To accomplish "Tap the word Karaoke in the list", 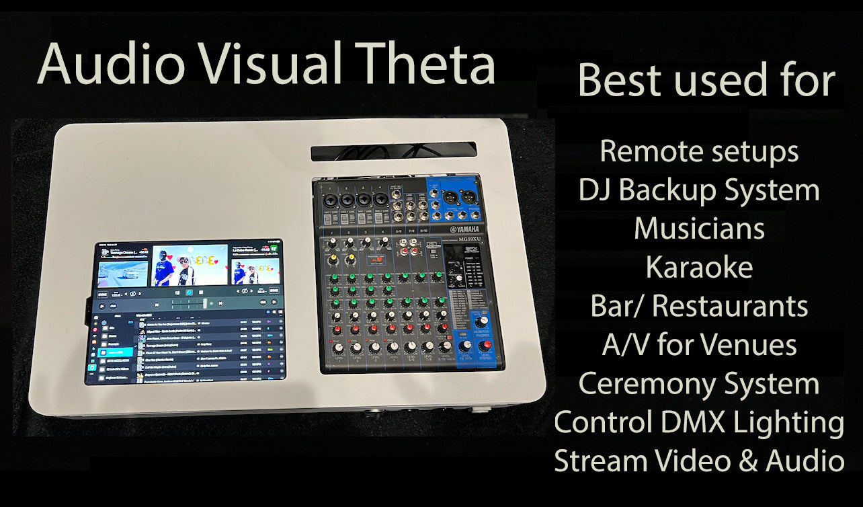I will [699, 268].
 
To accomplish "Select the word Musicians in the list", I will [699, 229].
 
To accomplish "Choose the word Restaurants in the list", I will [730, 307].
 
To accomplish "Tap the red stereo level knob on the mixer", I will [487, 346].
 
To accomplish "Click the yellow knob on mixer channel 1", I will [331, 259].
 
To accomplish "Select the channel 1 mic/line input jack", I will [332, 200].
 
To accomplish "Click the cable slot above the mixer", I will [393, 151].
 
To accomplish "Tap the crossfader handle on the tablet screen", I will [204, 303].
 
